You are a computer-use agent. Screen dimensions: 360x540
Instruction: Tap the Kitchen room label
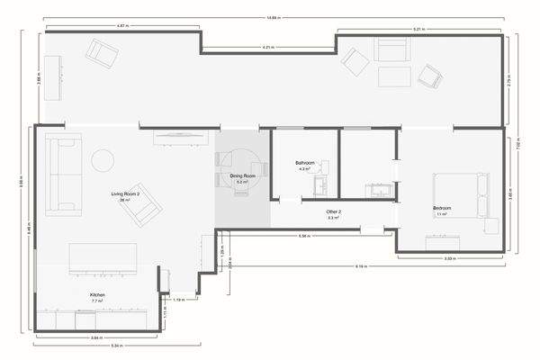click(x=97, y=295)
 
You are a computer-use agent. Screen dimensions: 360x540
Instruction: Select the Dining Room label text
click(x=242, y=175)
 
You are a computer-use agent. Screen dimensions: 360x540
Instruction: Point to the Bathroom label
click(x=303, y=163)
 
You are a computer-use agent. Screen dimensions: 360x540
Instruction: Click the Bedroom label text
click(x=442, y=209)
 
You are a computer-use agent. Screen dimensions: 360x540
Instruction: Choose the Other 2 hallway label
click(x=333, y=211)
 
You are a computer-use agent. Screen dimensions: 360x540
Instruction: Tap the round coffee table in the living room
click(x=103, y=160)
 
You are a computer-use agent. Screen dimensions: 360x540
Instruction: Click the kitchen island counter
click(x=103, y=260)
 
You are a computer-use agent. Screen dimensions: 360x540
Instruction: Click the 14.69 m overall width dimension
click(x=273, y=17)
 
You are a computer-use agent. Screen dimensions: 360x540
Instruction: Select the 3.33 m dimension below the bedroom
click(x=448, y=258)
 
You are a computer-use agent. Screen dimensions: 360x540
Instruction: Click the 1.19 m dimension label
click(x=179, y=299)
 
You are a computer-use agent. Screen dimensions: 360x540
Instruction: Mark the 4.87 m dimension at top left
click(x=121, y=26)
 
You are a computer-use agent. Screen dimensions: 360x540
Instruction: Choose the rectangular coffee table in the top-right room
click(x=394, y=76)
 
